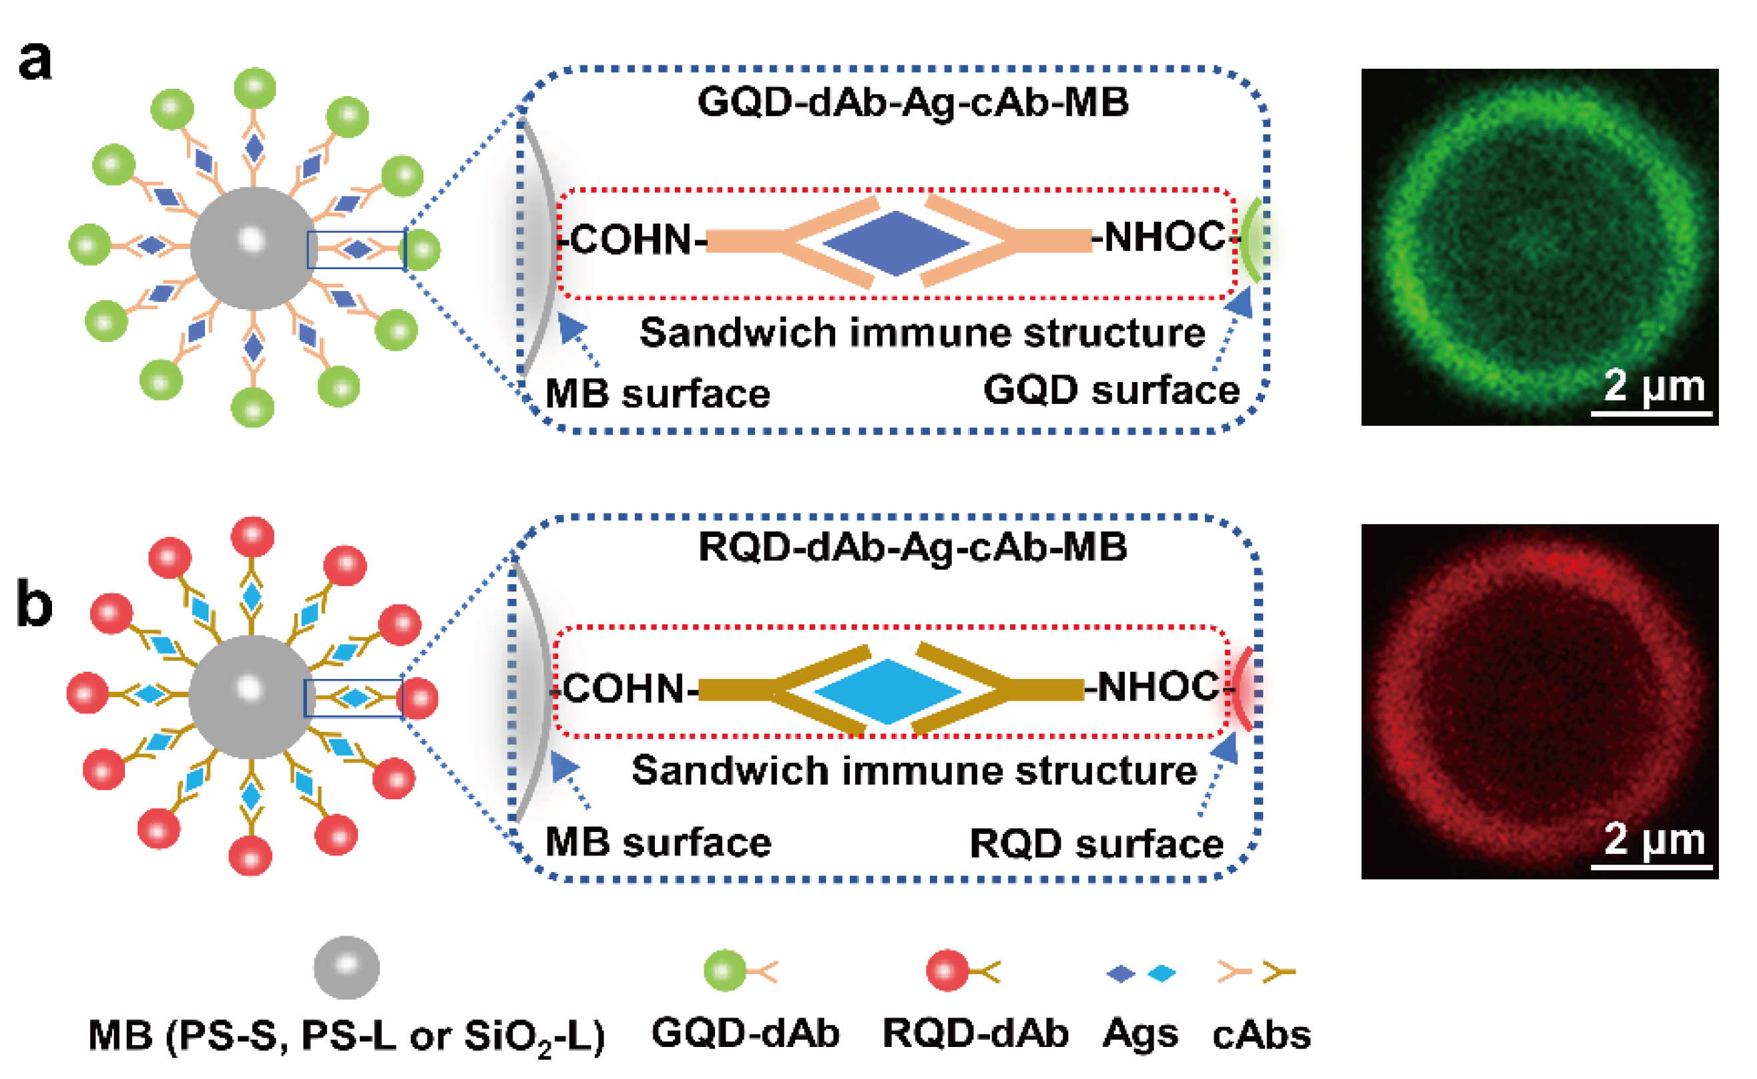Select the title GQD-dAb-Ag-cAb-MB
tap(913, 102)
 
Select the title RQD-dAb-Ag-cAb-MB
tap(913, 548)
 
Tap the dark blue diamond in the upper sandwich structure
tap(895, 243)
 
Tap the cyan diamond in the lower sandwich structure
tap(887, 692)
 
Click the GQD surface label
tap(1111, 391)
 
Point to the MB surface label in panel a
tap(657, 393)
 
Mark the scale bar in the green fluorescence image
tap(1652, 413)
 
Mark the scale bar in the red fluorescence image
tap(1652, 867)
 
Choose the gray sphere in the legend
tap(346, 967)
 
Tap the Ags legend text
tap(1140, 1034)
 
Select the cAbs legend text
tap(1261, 1034)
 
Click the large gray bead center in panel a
tap(253, 248)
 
